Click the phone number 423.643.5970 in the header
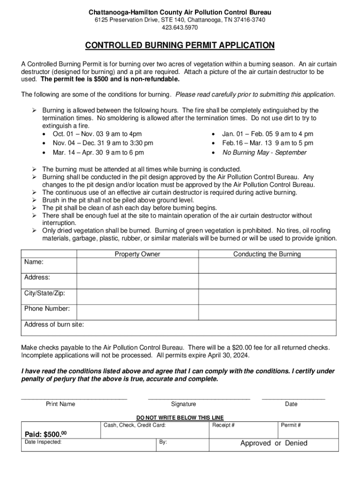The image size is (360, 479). point(180,28)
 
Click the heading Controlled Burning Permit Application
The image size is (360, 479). point(180,45)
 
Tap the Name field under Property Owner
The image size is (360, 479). point(137,266)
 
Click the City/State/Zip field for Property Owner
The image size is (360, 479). point(137,297)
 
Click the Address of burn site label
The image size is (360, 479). point(54,325)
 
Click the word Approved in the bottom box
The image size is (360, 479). point(255,443)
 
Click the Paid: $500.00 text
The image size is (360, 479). point(45,435)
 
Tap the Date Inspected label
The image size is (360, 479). point(43,442)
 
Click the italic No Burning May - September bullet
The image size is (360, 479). point(264,152)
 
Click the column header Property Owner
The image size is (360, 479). point(137,254)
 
